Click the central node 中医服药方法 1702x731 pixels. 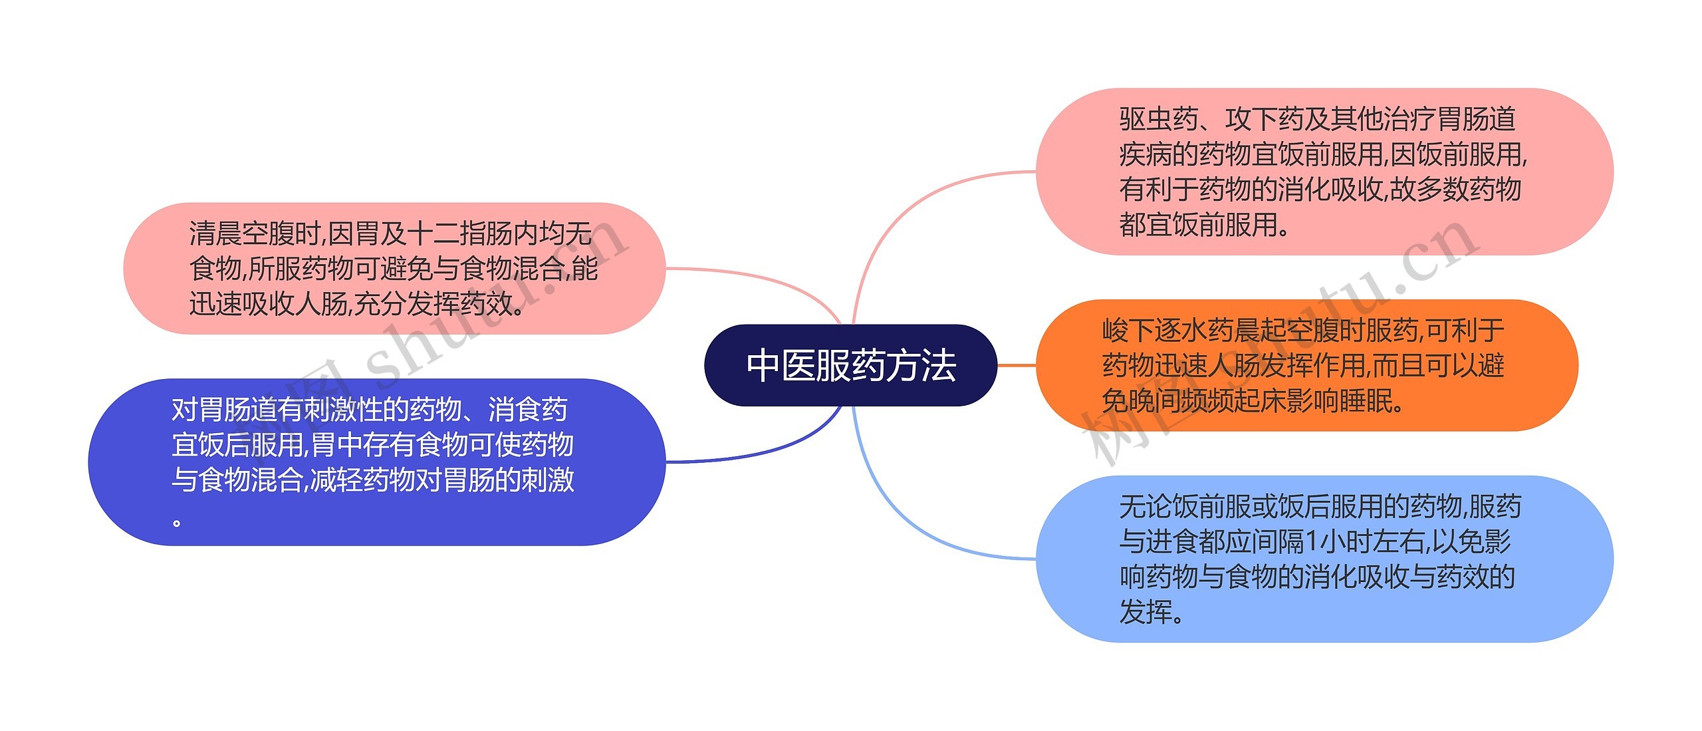click(850, 365)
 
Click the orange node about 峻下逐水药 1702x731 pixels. click(1306, 365)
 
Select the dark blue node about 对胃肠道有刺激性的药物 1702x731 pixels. click(376, 462)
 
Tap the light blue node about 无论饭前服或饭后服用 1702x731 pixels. click(1324, 559)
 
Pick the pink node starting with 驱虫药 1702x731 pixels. click(1324, 171)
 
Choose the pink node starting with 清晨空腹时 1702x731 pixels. click(394, 268)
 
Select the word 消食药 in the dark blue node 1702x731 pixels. click(528, 410)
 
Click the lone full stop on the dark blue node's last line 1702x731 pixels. click(177, 522)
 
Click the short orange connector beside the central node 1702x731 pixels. click(1017, 365)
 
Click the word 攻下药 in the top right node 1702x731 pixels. click(1265, 120)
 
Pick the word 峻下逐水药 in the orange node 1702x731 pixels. click(1167, 331)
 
